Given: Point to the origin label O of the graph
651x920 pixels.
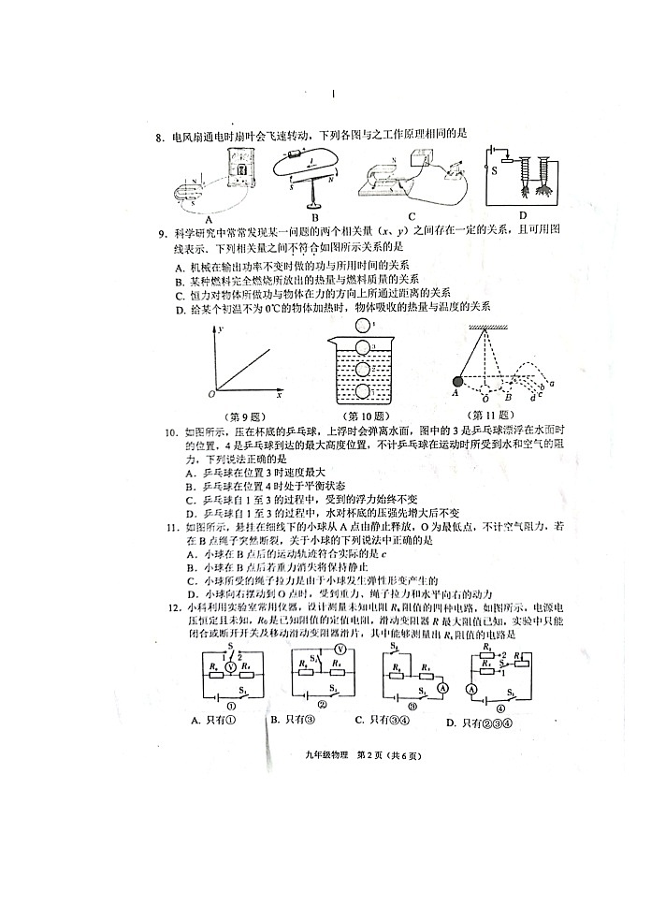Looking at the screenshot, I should tap(211, 393).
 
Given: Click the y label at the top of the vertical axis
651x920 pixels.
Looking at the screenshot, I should tap(223, 329).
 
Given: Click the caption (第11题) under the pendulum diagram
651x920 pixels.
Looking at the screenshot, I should tap(496, 416).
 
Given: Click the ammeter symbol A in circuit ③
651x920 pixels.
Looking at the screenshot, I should tap(445, 686).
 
